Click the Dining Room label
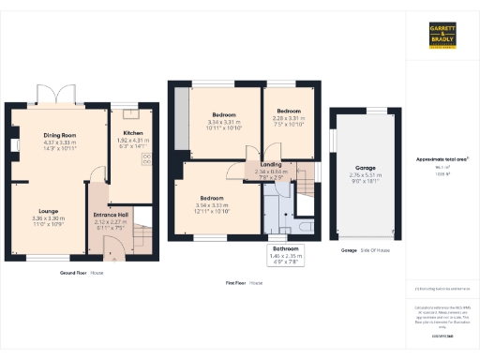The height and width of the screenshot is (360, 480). point(59,135)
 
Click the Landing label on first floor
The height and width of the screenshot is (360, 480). point(257,165)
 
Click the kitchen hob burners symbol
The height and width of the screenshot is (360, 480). point(147,157)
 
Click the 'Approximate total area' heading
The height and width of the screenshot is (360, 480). point(442,159)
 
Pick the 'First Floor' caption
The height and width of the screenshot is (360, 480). point(243,281)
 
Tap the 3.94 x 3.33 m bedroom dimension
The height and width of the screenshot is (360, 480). point(212,204)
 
